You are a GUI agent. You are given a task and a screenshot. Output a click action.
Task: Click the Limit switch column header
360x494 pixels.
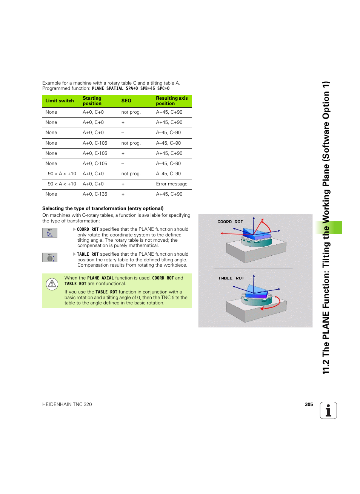tap(60, 101)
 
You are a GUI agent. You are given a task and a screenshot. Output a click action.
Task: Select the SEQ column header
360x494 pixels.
tap(126, 101)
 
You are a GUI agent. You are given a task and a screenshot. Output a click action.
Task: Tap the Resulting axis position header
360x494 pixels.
tap(172, 101)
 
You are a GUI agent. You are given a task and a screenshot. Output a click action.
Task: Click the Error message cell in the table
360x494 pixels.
tap(172, 184)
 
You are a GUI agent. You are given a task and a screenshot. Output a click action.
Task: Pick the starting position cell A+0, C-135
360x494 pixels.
tap(95, 194)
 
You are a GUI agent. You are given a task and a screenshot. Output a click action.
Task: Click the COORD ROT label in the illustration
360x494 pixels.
tap(230, 222)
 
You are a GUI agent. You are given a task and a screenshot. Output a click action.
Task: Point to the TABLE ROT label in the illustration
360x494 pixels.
tap(231, 278)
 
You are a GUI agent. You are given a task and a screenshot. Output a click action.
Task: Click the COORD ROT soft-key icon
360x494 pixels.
tap(50, 233)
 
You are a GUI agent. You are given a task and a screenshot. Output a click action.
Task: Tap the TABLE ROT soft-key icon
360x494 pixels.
tap(50, 258)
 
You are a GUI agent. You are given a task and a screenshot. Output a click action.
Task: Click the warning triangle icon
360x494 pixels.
tap(52, 284)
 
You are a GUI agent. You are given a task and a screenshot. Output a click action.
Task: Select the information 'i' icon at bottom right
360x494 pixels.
tap(328, 411)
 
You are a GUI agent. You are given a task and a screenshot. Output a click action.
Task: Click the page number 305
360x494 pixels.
tap(309, 404)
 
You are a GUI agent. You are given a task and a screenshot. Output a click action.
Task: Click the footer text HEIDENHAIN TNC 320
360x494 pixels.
tap(67, 404)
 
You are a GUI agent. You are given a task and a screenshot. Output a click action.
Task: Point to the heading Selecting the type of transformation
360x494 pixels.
tap(103, 208)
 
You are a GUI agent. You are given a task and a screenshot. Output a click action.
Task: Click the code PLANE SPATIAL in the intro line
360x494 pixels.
tap(108, 88)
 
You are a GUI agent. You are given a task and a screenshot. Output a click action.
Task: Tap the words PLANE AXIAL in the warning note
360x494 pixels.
tap(100, 278)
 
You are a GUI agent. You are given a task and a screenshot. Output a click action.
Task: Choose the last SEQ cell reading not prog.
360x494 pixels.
tap(131, 174)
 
